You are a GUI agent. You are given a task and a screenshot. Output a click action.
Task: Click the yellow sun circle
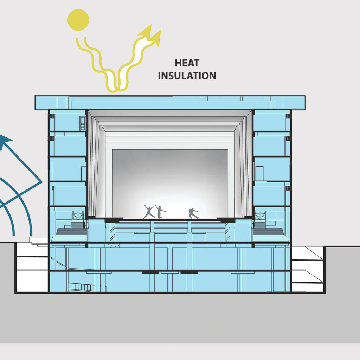[x=78, y=19]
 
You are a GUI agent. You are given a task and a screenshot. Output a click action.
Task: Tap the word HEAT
[x=187, y=63]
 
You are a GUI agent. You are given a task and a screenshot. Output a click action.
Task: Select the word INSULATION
[x=187, y=76]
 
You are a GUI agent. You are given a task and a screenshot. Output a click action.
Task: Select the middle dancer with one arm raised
[x=160, y=212]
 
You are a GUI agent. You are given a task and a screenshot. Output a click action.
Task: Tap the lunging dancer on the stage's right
[x=193, y=213]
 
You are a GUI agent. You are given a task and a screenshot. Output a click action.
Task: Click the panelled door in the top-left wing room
[x=83, y=123]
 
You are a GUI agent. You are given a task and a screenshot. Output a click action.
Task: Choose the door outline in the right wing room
[x=259, y=173]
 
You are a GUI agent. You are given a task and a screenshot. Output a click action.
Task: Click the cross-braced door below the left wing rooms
[x=78, y=215]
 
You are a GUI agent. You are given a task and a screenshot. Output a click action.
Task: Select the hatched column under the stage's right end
[x=227, y=232]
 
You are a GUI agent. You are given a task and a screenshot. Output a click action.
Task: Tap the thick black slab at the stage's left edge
[x=113, y=220]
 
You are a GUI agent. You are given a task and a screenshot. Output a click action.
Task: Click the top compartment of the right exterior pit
[x=307, y=253]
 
